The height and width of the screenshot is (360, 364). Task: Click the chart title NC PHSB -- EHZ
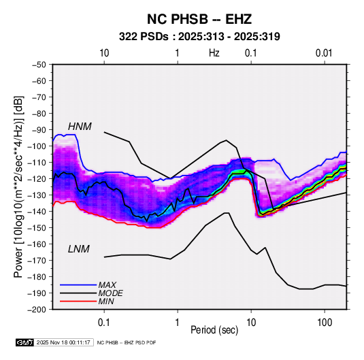click(x=199, y=19)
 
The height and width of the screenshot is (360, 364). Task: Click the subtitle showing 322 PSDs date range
click(x=199, y=37)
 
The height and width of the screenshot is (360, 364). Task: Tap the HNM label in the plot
click(x=80, y=127)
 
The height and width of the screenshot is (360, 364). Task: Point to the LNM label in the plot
click(x=79, y=249)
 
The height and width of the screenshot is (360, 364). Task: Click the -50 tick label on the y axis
click(x=39, y=65)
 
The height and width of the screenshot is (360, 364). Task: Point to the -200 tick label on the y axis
click(x=37, y=310)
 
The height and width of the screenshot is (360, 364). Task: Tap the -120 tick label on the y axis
click(x=37, y=179)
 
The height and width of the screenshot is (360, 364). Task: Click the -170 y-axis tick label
click(x=37, y=261)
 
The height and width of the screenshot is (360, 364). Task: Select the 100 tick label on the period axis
click(x=325, y=323)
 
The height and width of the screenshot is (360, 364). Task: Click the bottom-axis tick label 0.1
click(x=104, y=323)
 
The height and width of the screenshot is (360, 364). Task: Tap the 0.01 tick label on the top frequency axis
click(x=324, y=53)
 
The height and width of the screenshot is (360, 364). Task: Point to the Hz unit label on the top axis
click(x=214, y=53)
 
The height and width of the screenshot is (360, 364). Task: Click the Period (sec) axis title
click(x=214, y=330)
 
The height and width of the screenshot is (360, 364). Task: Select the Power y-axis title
click(x=18, y=186)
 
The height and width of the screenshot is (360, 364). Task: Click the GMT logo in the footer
click(x=24, y=342)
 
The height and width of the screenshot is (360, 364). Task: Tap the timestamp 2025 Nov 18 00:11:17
click(x=63, y=342)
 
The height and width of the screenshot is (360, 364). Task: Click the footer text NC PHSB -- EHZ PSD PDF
click(x=127, y=342)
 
